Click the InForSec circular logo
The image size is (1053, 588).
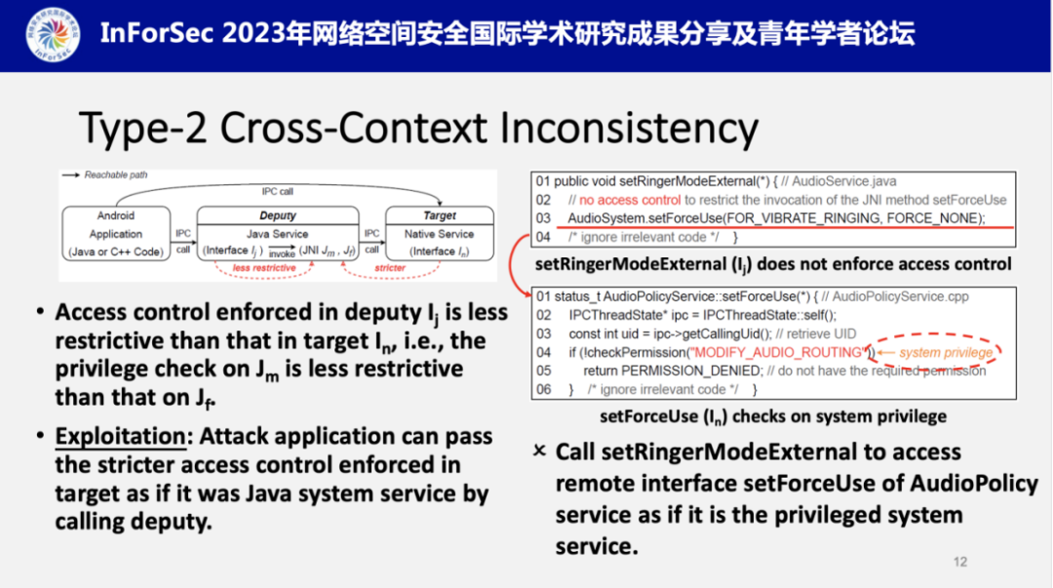pos(54,35)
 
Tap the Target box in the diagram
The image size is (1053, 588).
pos(440,235)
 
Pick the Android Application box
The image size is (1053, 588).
pos(116,235)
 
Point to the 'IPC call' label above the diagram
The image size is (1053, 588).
pos(278,191)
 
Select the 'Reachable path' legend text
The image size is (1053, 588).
pos(116,176)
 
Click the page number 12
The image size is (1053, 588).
pos(960,561)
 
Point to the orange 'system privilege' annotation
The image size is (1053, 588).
pos(945,352)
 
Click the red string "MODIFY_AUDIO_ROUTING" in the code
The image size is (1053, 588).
pos(776,352)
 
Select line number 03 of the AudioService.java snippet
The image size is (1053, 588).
pos(543,217)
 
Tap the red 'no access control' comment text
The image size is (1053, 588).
pos(625,200)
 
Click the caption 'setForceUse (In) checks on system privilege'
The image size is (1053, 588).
pos(773,416)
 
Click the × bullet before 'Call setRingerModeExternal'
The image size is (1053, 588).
pos(539,451)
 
